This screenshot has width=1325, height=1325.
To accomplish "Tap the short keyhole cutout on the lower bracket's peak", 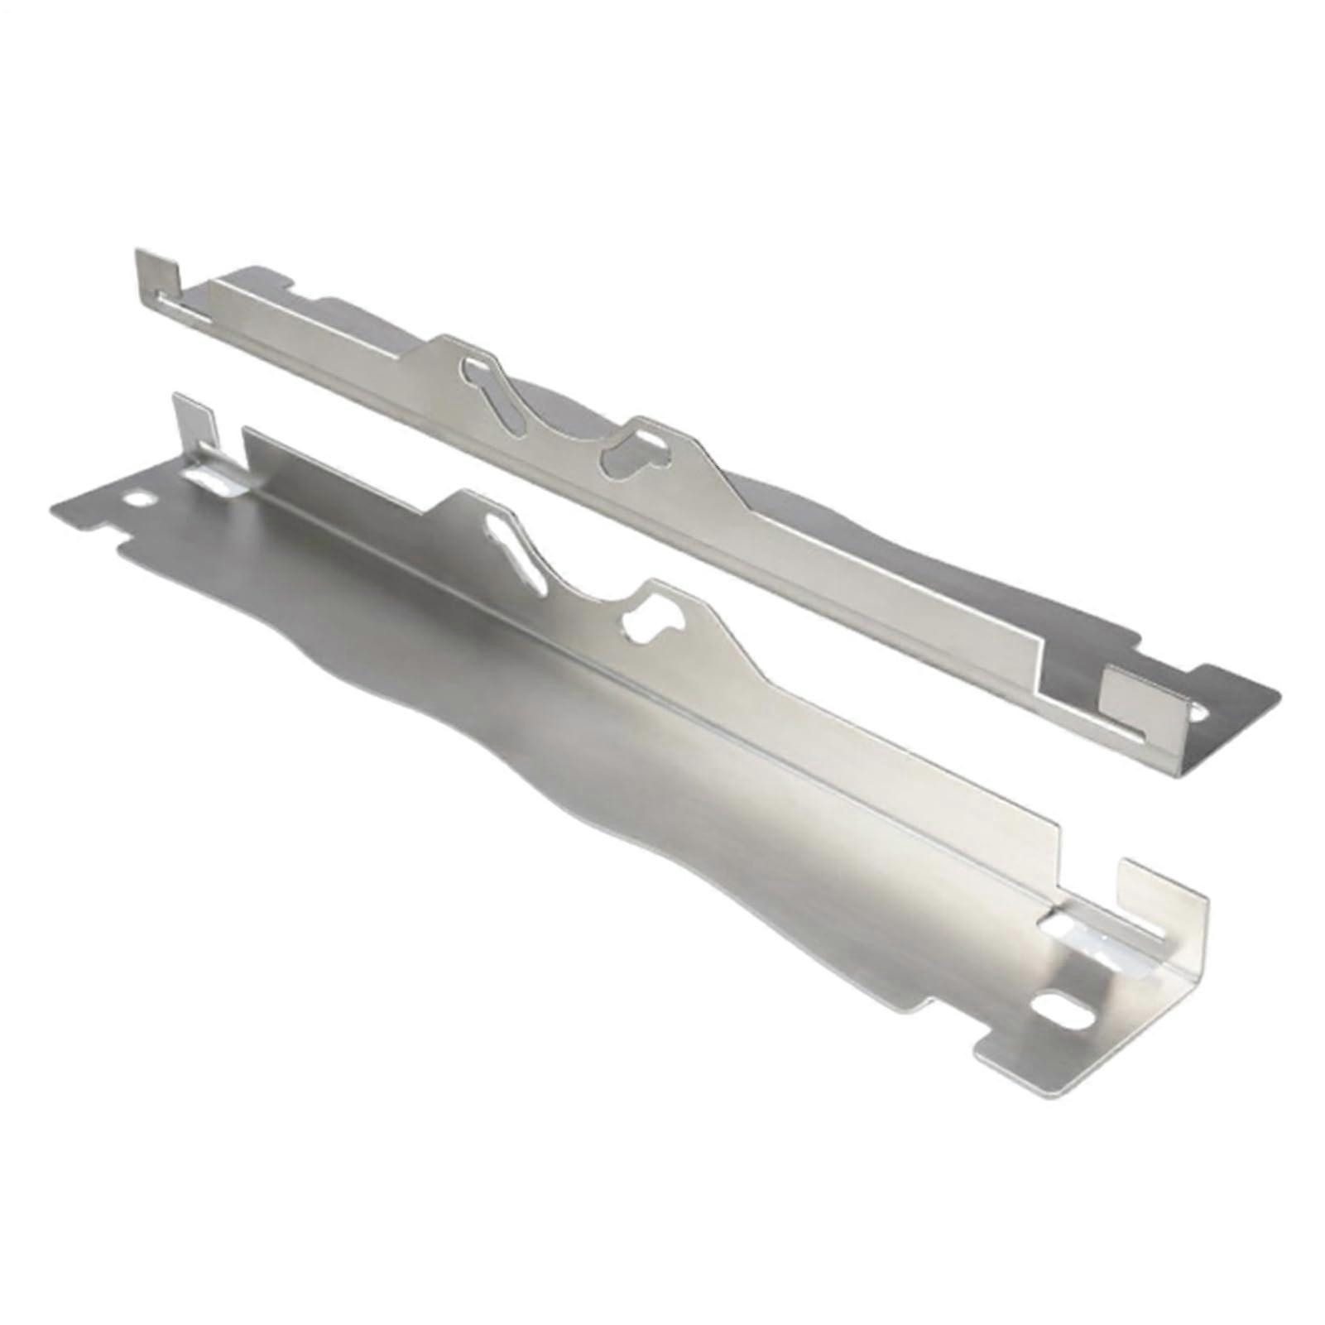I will pos(654,622).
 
